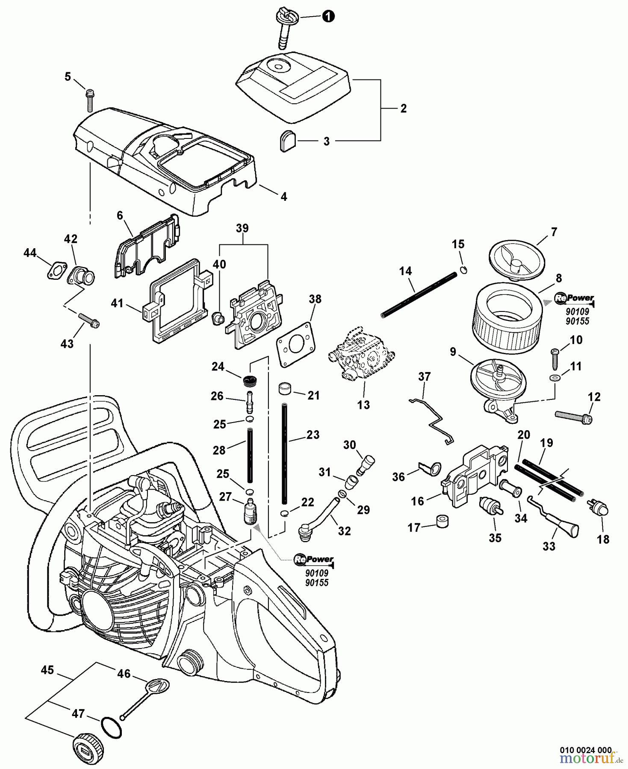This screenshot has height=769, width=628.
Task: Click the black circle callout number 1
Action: tap(328, 17)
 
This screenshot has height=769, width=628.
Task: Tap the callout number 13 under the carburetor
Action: tap(363, 405)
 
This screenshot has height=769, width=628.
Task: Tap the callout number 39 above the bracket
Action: tap(242, 229)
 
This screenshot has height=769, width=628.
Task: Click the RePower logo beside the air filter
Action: tap(574, 298)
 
